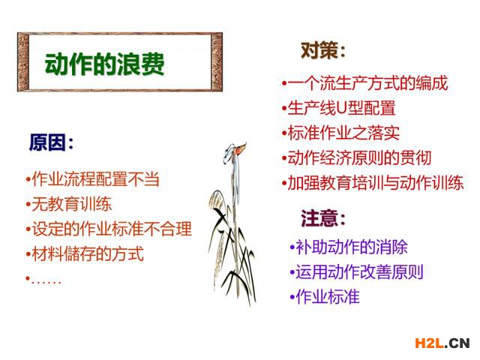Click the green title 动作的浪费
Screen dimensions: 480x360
point(105,64)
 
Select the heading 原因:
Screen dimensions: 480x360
point(51,142)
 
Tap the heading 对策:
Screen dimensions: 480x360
point(323,50)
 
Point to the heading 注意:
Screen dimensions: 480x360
point(323,218)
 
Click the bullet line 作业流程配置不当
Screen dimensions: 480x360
point(92,178)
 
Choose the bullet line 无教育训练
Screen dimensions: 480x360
point(68,204)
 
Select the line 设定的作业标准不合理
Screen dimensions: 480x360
point(109,229)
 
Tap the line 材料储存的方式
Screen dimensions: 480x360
point(85,254)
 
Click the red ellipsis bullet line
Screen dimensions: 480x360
point(43,280)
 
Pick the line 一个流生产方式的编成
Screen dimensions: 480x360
point(365,83)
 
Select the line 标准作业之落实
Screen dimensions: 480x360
point(340,133)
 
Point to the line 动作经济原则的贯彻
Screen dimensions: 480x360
point(357,158)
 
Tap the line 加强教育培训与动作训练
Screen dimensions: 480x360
point(373,183)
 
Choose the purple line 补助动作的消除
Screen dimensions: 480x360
point(349,247)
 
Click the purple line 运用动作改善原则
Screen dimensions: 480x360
point(357,271)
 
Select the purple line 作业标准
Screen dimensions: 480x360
point(325,297)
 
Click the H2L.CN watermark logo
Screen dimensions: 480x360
point(442,343)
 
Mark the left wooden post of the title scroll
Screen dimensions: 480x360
point(23,61)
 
